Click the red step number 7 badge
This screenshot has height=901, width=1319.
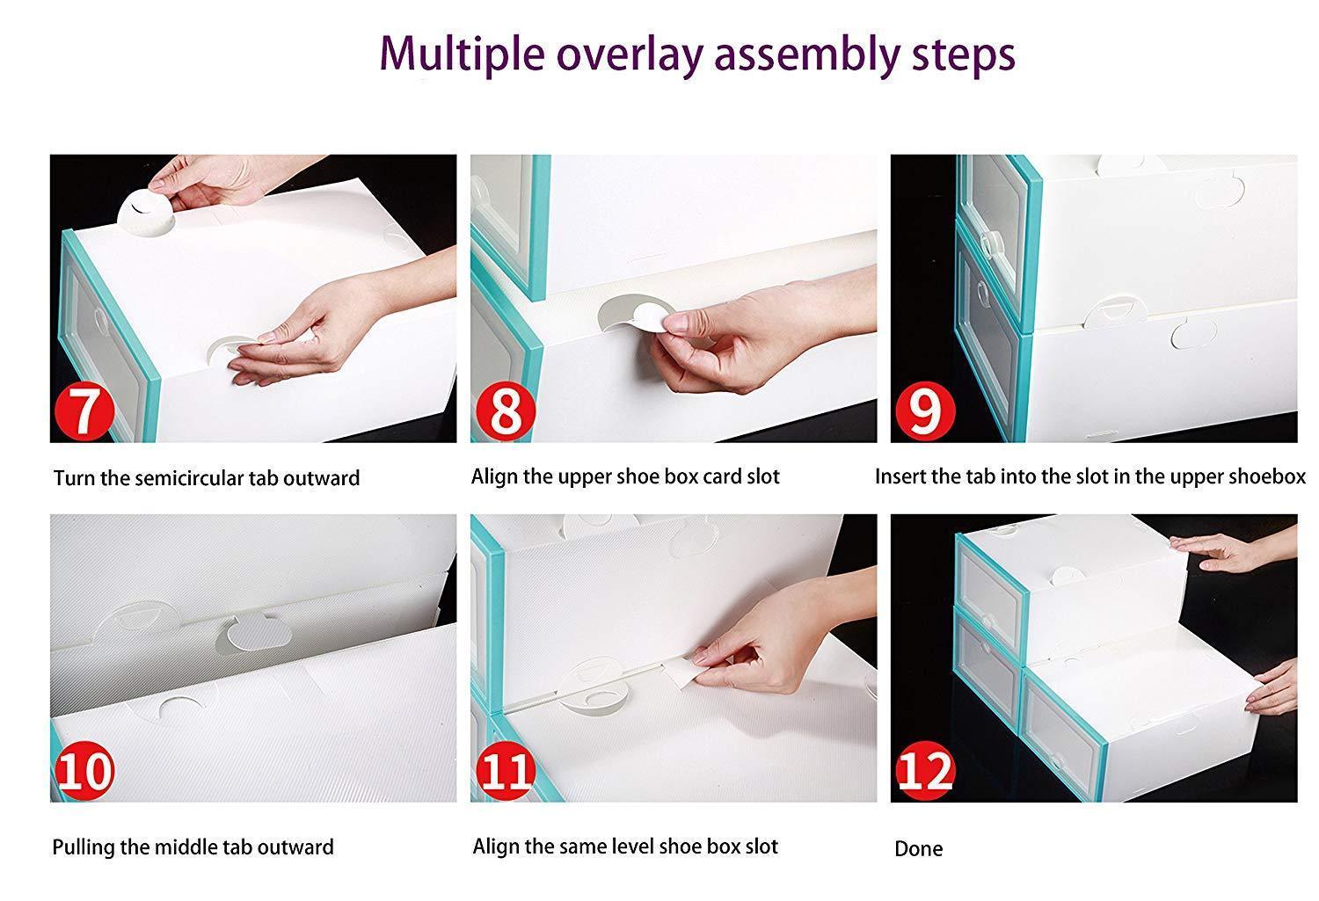tap(84, 411)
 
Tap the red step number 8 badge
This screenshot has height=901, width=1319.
tap(506, 411)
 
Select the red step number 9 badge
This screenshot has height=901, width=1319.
tap(925, 411)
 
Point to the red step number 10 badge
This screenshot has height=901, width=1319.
tap(84, 770)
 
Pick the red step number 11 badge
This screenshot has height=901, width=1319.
tap(506, 770)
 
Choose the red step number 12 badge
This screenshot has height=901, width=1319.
tap(925, 770)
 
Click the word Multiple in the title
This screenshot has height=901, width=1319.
tap(462, 54)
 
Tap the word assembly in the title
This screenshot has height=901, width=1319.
tap(806, 54)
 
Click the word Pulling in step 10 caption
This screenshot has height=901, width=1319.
tap(84, 847)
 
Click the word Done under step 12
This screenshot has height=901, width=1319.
tap(919, 848)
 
